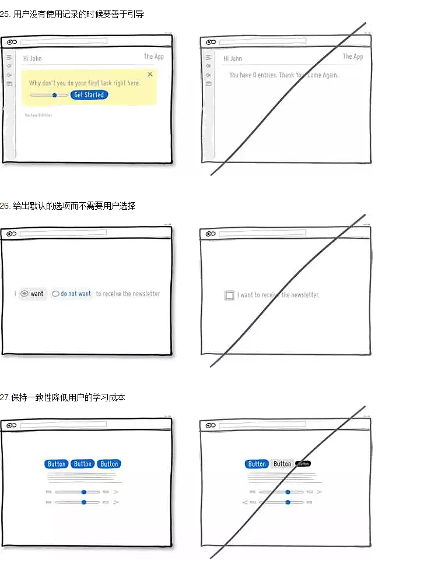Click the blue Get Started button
pos(89,95)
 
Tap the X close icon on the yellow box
pos(150,75)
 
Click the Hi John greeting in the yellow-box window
pos(32,58)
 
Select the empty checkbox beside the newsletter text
pos(229,295)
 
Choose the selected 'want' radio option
pos(33,294)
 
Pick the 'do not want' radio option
pos(72,294)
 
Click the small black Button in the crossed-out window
pos(303,464)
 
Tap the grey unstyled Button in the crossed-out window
pos(282,464)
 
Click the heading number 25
pos(5,14)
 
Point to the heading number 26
pos(5,206)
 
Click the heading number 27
pos(5,397)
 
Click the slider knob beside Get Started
pos(54,95)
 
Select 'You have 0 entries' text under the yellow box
pos(38,115)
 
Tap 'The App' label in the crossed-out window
pos(352,57)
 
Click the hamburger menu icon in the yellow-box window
pos(9,57)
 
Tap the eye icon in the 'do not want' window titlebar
pos(10,234)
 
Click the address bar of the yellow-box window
pos(64,41)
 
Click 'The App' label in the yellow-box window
pos(153,57)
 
